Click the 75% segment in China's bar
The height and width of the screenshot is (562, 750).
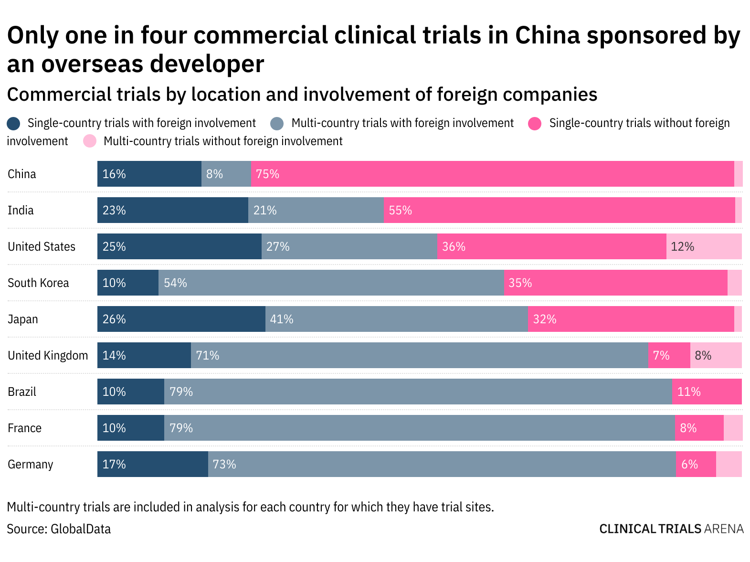pyautogui.click(x=492, y=174)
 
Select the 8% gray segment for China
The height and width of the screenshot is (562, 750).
pyautogui.click(x=226, y=174)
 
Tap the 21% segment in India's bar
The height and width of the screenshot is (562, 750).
pyautogui.click(x=316, y=210)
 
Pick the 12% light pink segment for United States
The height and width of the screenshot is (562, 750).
pyautogui.click(x=704, y=246)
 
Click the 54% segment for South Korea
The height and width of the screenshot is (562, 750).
pyautogui.click(x=331, y=283)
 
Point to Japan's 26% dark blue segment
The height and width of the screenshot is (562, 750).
pyautogui.click(x=181, y=319)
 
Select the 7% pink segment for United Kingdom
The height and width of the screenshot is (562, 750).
pyautogui.click(x=669, y=355)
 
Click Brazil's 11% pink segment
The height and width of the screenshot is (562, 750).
pyautogui.click(x=707, y=392)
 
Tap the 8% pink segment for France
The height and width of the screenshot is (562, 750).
pyautogui.click(x=699, y=428)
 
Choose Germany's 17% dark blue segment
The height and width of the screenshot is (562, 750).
pyautogui.click(x=152, y=464)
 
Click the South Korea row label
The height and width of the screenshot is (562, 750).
pyautogui.click(x=38, y=283)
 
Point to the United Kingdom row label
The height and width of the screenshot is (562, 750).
pyautogui.click(x=48, y=356)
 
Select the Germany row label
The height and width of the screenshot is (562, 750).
pyautogui.click(x=30, y=465)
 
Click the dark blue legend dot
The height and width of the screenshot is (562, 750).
pyautogui.click(x=13, y=124)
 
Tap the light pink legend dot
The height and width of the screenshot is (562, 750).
pyautogui.click(x=90, y=141)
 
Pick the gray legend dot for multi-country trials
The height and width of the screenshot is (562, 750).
pyautogui.click(x=277, y=124)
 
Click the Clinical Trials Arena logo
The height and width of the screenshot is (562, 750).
pyautogui.click(x=671, y=529)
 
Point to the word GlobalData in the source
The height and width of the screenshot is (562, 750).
pyautogui.click(x=81, y=529)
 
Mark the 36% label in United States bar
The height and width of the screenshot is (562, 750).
pyautogui.click(x=454, y=247)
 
